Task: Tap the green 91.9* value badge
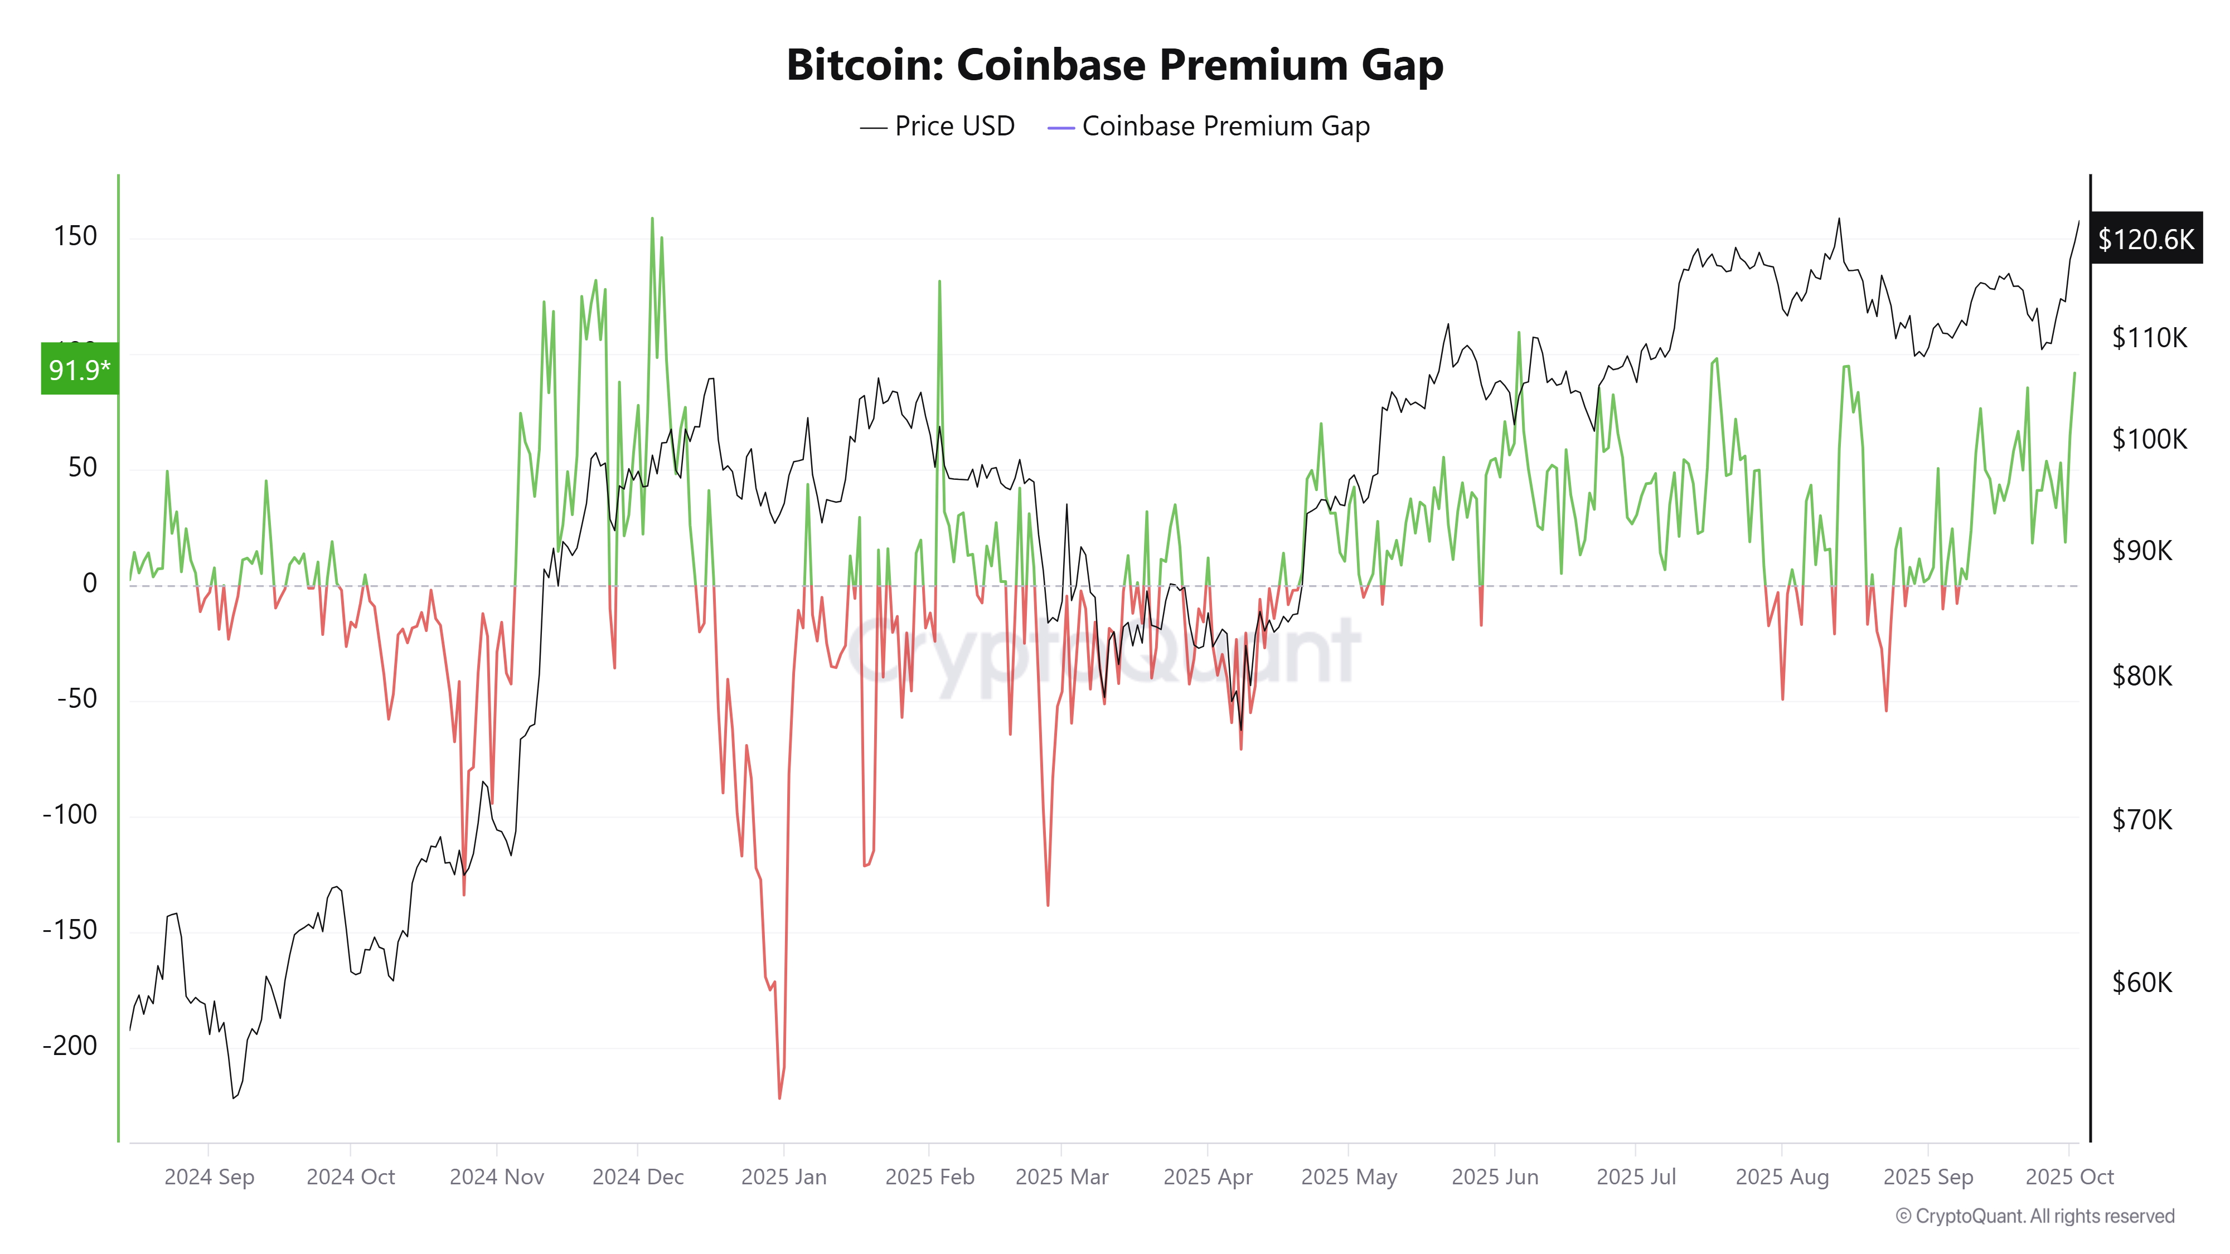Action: tap(79, 370)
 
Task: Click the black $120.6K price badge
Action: tap(2145, 239)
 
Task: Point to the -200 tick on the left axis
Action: tap(70, 1046)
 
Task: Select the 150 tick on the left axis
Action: tap(75, 236)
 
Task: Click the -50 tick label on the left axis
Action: tap(77, 698)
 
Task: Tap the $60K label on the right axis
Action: tap(2142, 982)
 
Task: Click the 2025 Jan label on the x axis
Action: tap(783, 1177)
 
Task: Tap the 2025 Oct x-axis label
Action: tap(2069, 1177)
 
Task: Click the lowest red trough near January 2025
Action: tap(780, 1098)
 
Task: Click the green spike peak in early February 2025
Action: tap(939, 281)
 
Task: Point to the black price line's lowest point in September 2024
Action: tap(233, 1098)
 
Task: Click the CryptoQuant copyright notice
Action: tap(2034, 1216)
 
